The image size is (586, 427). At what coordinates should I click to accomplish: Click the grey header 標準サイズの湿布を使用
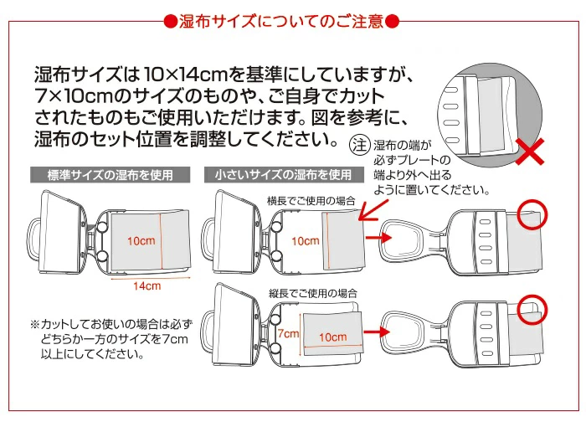tap(110, 176)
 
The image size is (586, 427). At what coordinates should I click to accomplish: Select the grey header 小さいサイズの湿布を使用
tap(284, 176)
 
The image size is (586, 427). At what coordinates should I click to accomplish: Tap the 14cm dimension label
tap(147, 286)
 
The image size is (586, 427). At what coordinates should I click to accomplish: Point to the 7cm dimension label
tap(287, 333)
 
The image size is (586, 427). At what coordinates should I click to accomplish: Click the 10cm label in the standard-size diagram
tap(141, 241)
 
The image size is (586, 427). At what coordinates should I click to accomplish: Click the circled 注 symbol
tap(359, 145)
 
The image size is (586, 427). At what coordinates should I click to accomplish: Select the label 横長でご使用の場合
tap(311, 200)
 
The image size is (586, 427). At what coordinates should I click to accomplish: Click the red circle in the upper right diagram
tap(531, 215)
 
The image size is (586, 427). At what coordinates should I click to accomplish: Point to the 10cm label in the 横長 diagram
tap(305, 241)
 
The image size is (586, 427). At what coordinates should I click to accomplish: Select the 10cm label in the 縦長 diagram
tap(332, 337)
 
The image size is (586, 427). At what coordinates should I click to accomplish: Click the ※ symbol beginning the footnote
tap(35, 323)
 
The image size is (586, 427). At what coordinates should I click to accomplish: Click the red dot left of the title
tap(168, 21)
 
